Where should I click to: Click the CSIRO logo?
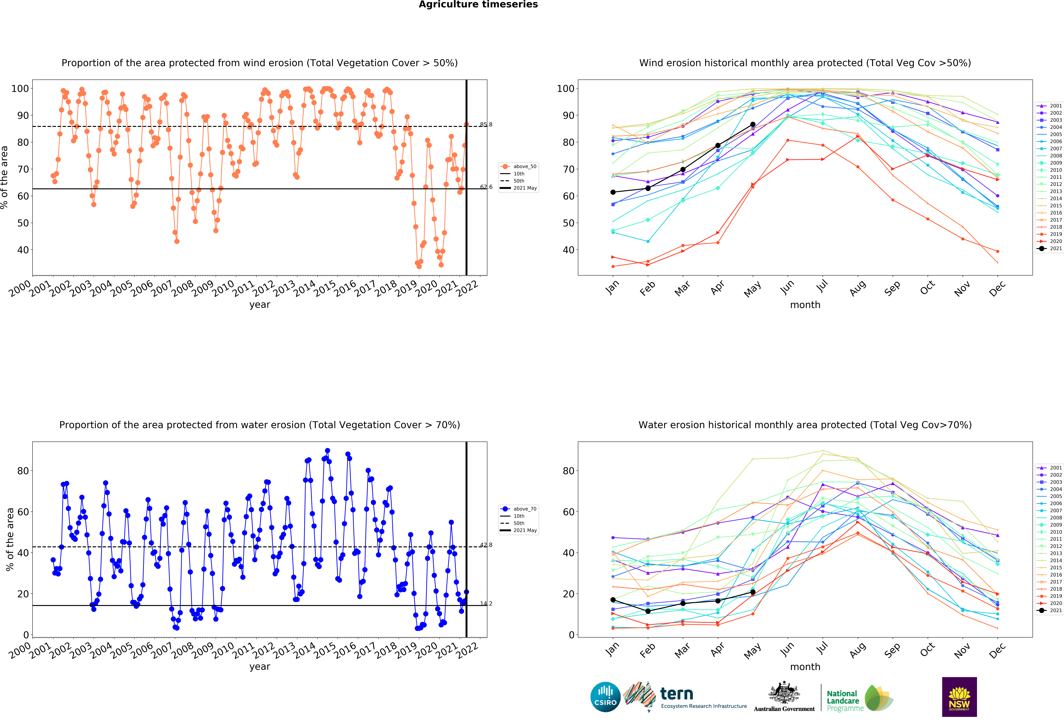(x=605, y=697)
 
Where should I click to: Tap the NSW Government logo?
(x=959, y=697)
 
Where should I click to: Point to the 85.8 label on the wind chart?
(x=486, y=124)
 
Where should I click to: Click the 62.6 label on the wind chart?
(x=486, y=187)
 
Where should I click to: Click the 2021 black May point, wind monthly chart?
(x=753, y=124)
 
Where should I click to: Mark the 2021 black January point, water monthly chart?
(x=613, y=600)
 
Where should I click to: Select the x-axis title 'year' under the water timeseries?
(x=260, y=666)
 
